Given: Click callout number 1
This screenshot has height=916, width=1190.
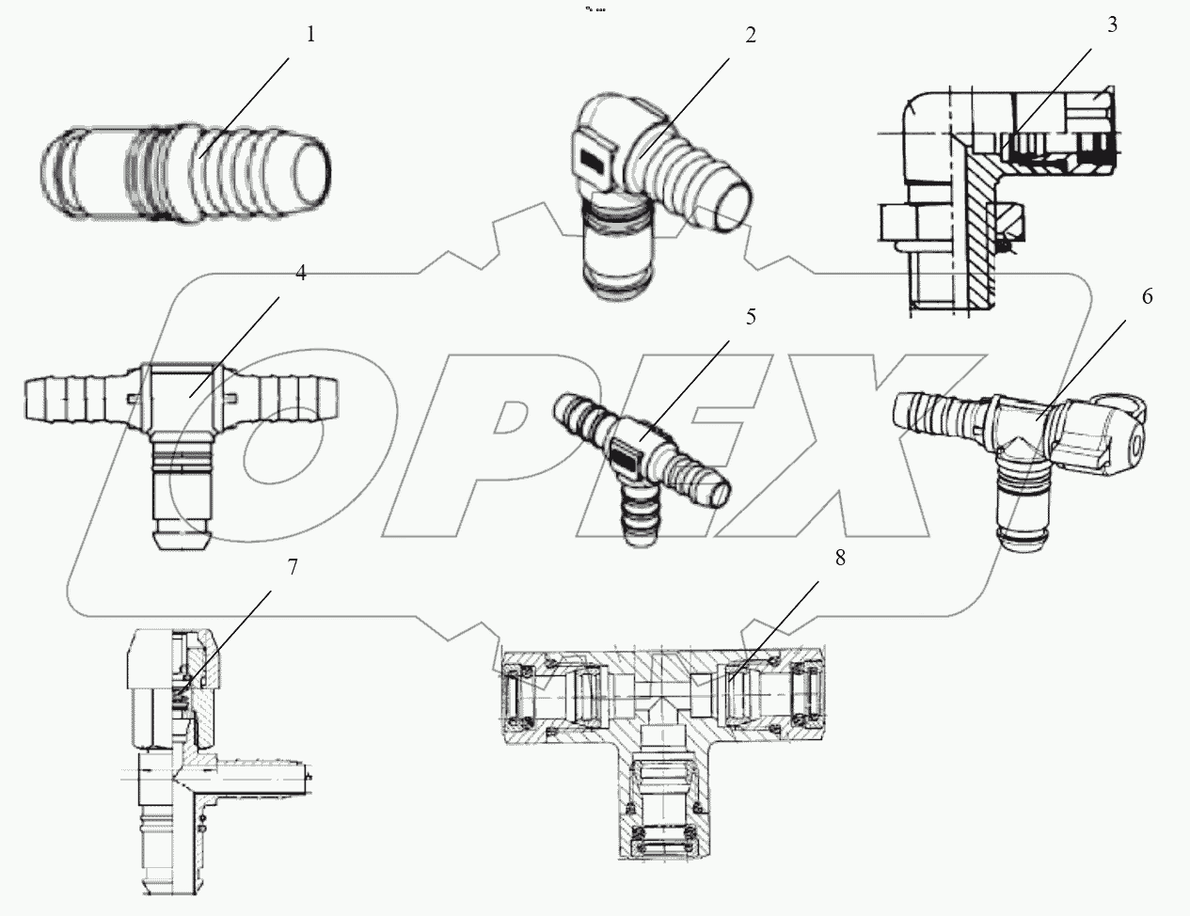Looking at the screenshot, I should click(311, 35).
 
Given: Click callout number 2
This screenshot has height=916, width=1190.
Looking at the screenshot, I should click(750, 36).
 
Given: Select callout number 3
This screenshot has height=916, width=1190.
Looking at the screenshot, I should click(1112, 25).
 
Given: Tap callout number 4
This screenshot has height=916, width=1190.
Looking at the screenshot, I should click(300, 273).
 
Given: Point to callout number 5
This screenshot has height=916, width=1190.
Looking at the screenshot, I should click(750, 317).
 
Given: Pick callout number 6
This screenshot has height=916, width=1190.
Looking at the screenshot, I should click(1147, 296).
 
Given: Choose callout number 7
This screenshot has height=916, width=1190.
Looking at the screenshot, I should click(293, 567).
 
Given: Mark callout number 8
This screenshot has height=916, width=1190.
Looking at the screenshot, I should click(839, 557).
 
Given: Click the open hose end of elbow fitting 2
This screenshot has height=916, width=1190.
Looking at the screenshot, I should click(735, 209).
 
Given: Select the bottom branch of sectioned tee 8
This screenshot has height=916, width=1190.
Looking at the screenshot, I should click(663, 799).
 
